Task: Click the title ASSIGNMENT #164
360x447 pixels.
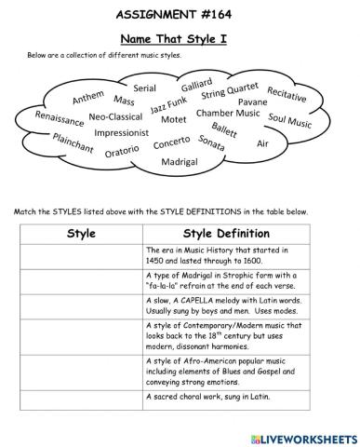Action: [180, 16]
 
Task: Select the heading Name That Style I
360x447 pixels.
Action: [179, 40]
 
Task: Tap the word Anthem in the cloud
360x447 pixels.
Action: [88, 97]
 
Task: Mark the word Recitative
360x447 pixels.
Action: [287, 96]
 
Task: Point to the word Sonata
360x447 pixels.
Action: [211, 144]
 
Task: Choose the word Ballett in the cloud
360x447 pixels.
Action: [224, 129]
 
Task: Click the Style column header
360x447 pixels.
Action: [82, 233]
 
